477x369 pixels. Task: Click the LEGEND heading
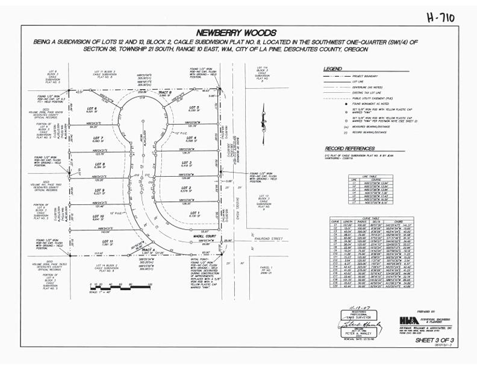click(334, 69)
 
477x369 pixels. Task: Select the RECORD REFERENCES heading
click(351, 148)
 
